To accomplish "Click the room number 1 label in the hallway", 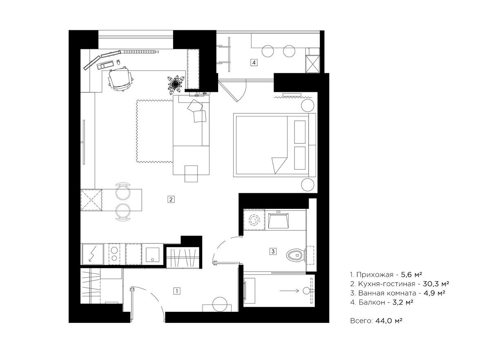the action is coord(177,291).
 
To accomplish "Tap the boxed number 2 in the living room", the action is coord(171,199).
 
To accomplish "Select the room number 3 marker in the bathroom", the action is coord(273,251).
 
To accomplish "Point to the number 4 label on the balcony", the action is coord(254,63).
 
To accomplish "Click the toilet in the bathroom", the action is coord(296,255).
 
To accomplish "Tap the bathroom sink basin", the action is coord(278,220).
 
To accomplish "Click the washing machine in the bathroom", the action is coord(254,219).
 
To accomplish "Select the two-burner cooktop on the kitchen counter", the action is coord(114,254).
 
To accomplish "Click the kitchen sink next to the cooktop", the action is coord(152,255).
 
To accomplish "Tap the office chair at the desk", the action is coord(120,79).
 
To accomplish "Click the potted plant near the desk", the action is coord(176,85).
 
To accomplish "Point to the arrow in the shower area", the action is coord(289,291).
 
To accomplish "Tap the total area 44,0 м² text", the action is coord(389,321).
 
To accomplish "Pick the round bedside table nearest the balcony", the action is coord(307,106).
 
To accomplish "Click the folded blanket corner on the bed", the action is coord(279,164).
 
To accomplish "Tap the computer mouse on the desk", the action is coord(118,62).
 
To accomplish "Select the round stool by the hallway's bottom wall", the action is coord(220,304).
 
